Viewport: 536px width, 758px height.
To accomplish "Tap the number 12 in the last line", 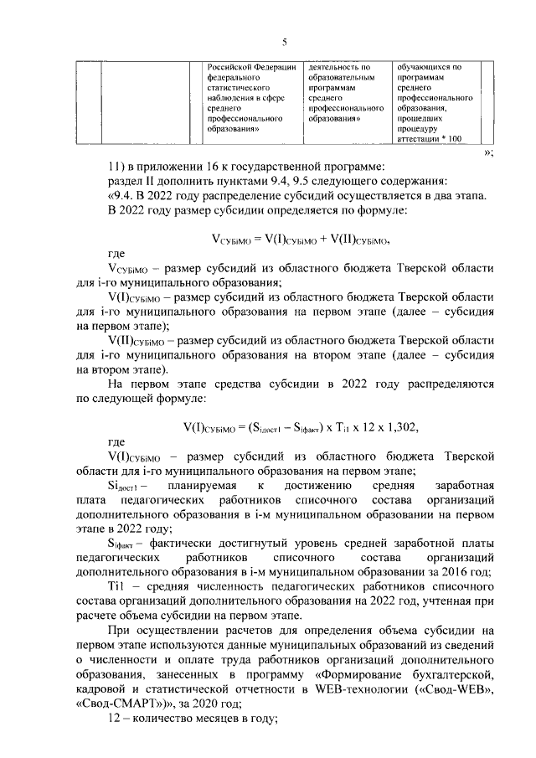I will tap(116, 719).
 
